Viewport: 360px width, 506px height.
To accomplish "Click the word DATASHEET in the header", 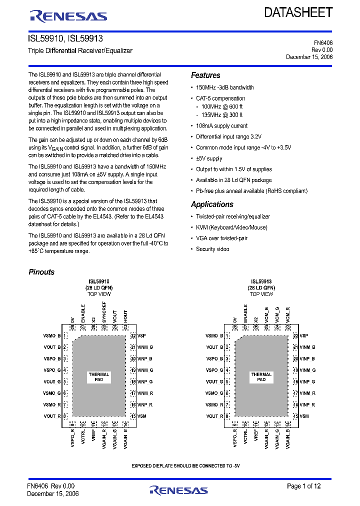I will click(x=298, y=13).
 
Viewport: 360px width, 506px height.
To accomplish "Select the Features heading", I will click(x=205, y=75).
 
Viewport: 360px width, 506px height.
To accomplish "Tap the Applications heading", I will click(x=212, y=204).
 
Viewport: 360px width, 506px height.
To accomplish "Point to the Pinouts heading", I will click(x=41, y=272).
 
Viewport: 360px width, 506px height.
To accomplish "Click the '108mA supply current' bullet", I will click(x=221, y=126).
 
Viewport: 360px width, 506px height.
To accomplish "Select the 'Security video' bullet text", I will click(x=212, y=249).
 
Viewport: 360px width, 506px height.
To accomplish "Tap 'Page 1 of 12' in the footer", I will click(x=304, y=486).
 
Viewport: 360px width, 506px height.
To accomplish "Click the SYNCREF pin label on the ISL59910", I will click(x=104, y=312).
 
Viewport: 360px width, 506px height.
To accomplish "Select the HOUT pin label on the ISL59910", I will click(x=125, y=315).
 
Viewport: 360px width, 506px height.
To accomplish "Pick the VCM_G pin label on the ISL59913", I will click(x=277, y=314).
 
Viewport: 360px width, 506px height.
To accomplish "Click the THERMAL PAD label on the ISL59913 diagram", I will click(x=261, y=377).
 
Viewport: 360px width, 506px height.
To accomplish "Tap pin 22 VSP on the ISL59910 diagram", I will click(x=139, y=336).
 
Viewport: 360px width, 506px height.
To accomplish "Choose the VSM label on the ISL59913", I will click(x=304, y=416).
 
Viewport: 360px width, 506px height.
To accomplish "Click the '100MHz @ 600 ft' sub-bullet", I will click(x=222, y=106).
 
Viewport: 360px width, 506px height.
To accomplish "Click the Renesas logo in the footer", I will click(x=178, y=489).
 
